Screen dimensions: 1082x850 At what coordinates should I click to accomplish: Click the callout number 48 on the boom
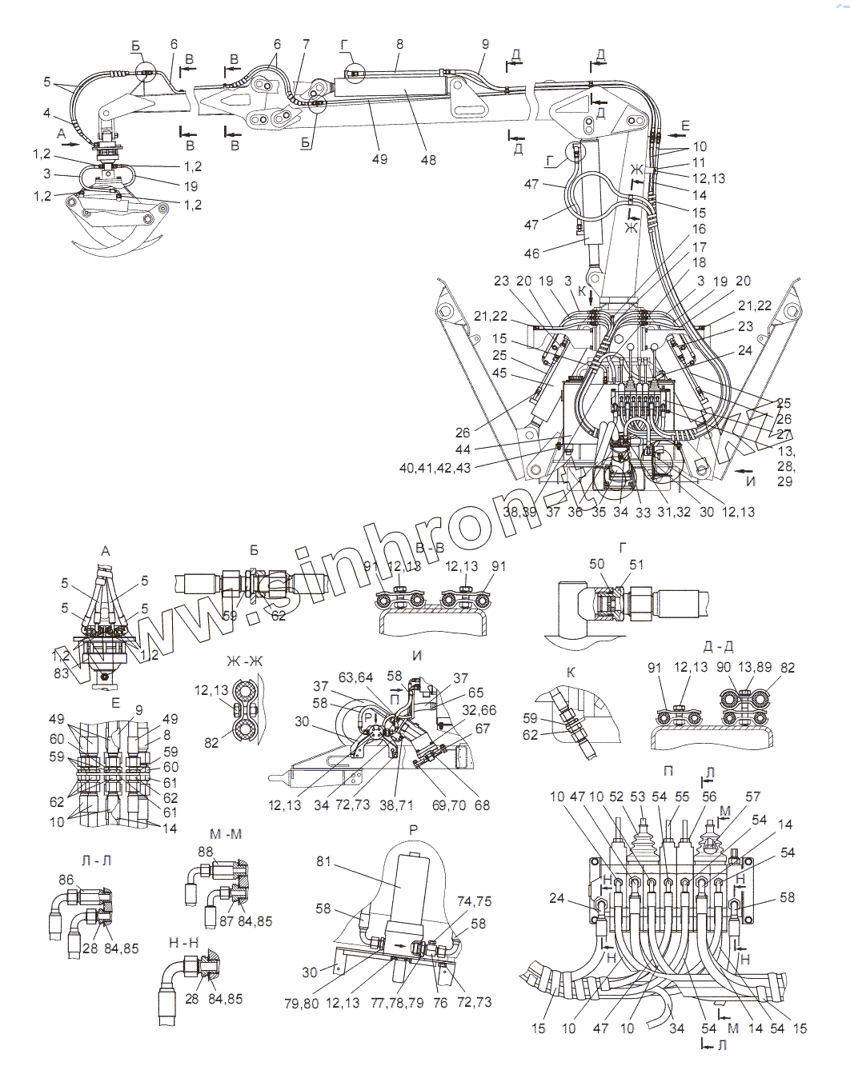428,159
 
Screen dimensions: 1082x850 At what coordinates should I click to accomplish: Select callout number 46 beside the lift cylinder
532,254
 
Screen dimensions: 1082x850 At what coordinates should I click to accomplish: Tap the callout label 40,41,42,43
435,469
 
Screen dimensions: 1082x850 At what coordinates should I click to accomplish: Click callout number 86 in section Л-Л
66,880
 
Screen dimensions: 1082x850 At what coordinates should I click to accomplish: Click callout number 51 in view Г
637,565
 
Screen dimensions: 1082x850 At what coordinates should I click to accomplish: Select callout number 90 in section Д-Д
724,667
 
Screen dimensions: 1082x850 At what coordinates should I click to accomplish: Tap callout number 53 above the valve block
637,797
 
